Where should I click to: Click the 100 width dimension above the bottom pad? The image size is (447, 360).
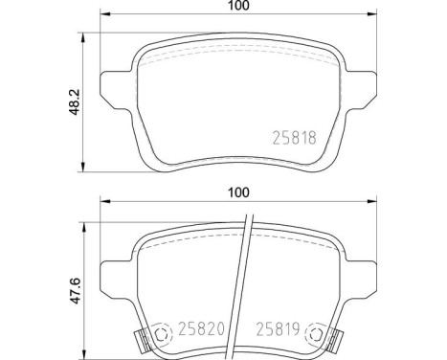pyautogui.click(x=238, y=191)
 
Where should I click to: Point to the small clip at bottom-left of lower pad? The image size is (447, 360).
pyautogui.click(x=138, y=340)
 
